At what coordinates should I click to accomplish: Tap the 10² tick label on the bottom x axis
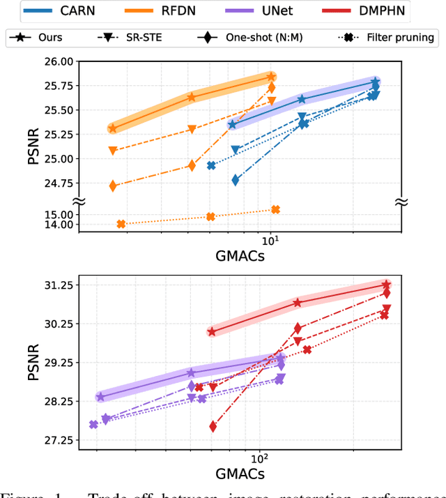point(259,458)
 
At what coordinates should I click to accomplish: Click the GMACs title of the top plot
point(240,255)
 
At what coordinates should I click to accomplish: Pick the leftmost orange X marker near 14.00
point(121,224)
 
